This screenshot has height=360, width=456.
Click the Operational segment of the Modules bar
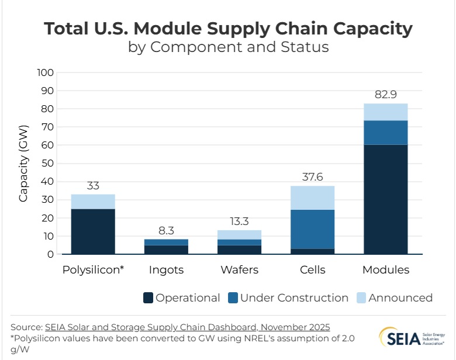[x=385, y=199]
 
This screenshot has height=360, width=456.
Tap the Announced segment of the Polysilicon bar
[x=93, y=202]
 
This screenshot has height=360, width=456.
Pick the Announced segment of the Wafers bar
[x=239, y=234]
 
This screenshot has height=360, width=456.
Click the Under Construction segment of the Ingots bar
[x=166, y=242]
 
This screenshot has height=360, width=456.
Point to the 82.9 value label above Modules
[x=385, y=95]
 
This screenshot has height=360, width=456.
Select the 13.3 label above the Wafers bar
[x=239, y=221]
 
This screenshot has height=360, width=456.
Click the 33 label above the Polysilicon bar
[x=93, y=186]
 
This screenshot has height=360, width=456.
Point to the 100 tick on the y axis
[x=45, y=73]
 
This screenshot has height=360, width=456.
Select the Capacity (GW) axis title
[x=23, y=164]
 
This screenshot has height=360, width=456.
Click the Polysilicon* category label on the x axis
[x=93, y=270]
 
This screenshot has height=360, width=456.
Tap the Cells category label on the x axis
[x=312, y=270]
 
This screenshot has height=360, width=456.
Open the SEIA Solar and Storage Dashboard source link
[x=187, y=327]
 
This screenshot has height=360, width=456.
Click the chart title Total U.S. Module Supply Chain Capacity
[x=229, y=29]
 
